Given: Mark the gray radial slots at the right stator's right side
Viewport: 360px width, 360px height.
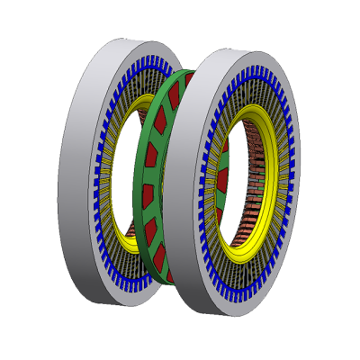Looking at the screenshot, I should coord(286,180).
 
